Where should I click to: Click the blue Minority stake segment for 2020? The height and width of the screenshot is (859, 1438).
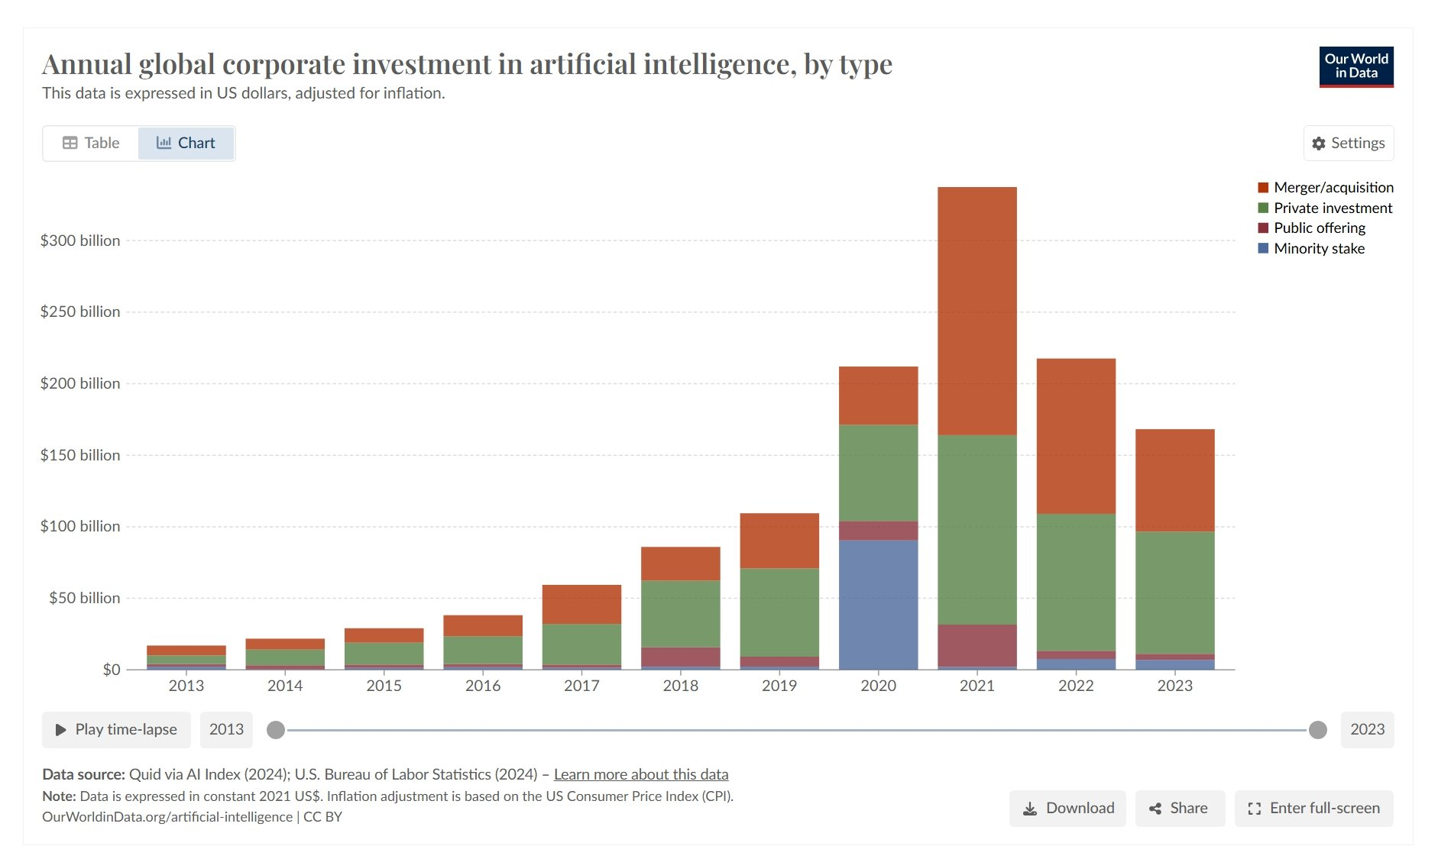(x=878, y=604)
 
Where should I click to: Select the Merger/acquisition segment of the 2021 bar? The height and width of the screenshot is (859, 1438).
(x=976, y=311)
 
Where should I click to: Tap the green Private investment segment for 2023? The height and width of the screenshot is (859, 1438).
(x=1174, y=592)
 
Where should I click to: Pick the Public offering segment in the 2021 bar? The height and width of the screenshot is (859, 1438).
(x=976, y=645)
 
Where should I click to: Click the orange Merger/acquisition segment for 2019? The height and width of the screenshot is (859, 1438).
(x=779, y=540)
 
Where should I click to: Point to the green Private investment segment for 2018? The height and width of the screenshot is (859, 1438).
(x=680, y=613)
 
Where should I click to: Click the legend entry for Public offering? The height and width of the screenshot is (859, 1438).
(x=1319, y=228)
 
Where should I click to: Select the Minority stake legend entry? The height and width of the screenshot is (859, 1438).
(x=1318, y=248)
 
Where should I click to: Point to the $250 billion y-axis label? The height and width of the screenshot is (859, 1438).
(x=80, y=312)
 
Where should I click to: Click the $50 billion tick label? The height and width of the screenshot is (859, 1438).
(x=84, y=598)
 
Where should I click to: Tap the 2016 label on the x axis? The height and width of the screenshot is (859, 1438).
(x=482, y=686)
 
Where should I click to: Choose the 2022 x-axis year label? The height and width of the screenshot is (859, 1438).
(x=1075, y=686)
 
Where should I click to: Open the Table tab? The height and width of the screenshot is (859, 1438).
(x=91, y=143)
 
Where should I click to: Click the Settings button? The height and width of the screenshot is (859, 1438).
(x=1348, y=143)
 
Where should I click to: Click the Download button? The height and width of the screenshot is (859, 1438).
(x=1067, y=808)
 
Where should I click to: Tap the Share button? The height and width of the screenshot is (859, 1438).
(x=1179, y=808)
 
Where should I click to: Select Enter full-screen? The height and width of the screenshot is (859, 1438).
(x=1313, y=808)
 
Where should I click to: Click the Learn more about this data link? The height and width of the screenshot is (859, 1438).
(x=640, y=774)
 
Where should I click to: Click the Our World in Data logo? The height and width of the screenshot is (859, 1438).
(x=1355, y=66)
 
